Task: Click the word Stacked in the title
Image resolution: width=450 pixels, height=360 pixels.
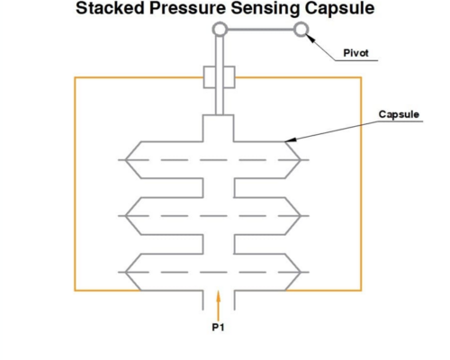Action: coord(110,8)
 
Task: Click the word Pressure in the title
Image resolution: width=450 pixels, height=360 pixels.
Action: coord(187,8)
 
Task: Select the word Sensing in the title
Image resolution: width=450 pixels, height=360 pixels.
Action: coord(265,8)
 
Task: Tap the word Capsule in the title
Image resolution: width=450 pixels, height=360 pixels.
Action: coord(339,8)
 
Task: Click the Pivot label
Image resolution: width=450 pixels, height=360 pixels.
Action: coord(355,53)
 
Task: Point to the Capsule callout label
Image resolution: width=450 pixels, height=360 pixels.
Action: coord(399,114)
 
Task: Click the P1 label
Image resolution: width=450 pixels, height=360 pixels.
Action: coord(218,328)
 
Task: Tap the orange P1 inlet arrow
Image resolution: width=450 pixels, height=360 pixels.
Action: coord(219,306)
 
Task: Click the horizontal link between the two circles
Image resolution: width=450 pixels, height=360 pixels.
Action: coord(260,30)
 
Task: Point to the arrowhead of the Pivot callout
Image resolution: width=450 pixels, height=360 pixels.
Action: coord(310,38)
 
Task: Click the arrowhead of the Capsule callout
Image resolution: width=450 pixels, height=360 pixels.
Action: coord(290,139)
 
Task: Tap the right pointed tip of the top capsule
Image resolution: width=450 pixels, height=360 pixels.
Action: coord(301,160)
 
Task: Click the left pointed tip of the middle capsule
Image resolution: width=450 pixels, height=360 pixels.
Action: coord(125,216)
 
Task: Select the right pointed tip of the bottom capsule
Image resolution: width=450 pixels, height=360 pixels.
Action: coord(301,272)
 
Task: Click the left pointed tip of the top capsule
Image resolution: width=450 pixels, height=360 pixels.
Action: coord(125,160)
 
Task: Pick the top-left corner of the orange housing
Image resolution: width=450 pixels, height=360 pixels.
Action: coord(75,77)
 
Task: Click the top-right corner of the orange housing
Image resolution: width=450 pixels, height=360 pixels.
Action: coord(361,77)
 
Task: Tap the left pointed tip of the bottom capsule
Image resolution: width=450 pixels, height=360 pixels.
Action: coord(125,272)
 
